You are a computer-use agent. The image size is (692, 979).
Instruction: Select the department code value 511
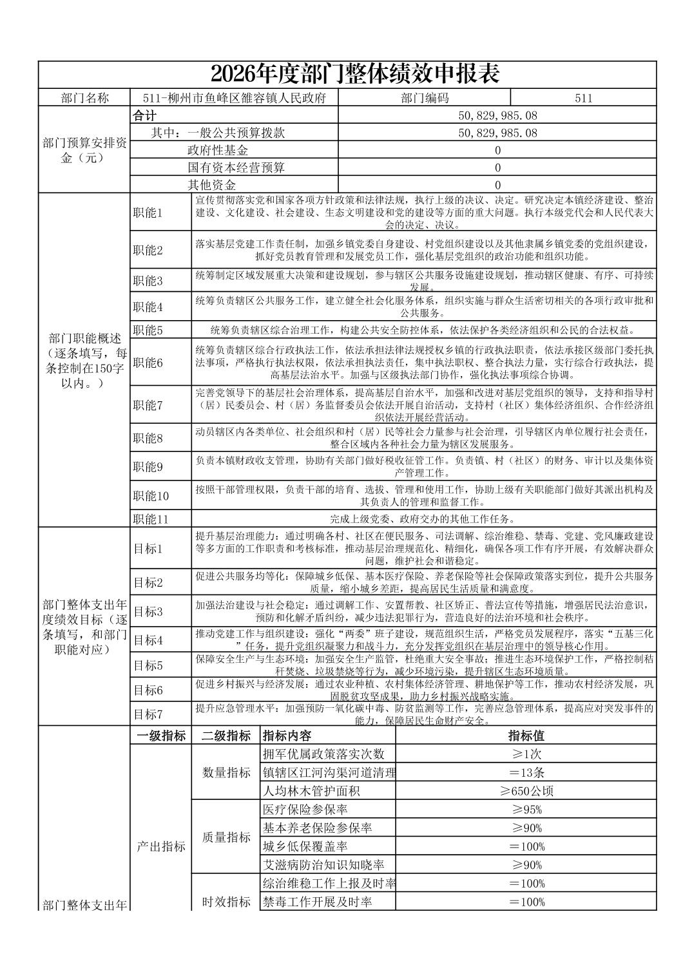[583, 98]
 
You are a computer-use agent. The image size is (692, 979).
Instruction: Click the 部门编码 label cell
[424, 98]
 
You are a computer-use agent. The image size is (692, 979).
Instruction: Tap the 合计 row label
[145, 116]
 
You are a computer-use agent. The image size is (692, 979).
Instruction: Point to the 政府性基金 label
[218, 151]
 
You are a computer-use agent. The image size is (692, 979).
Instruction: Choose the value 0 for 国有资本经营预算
[497, 167]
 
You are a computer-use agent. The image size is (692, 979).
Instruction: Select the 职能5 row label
[148, 330]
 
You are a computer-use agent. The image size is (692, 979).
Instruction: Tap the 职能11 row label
[151, 519]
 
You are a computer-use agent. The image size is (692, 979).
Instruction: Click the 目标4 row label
[148, 640]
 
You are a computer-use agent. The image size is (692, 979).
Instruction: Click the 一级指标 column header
[161, 736]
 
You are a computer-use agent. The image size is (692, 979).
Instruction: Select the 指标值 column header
[526, 736]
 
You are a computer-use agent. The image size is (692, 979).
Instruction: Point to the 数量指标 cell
[226, 772]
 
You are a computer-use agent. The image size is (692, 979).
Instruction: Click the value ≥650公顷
[526, 791]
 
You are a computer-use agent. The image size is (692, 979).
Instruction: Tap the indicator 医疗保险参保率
[305, 810]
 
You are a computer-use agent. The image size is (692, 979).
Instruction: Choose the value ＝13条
[526, 773]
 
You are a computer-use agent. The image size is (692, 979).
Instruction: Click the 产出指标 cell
[161, 846]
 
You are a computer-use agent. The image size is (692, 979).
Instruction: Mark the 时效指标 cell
[226, 902]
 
